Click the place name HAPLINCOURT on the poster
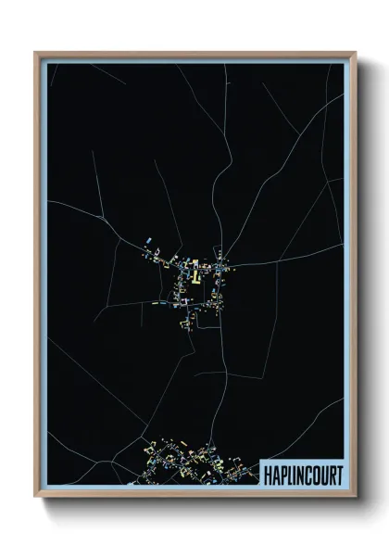coord(303,474)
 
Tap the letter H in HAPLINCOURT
coord(269,474)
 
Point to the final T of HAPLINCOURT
coord(338,474)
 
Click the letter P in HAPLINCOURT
coord(283,474)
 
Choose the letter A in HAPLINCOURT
coord(276,474)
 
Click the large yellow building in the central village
coord(195,274)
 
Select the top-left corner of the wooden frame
coord(36,53)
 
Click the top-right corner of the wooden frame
coord(354,53)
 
